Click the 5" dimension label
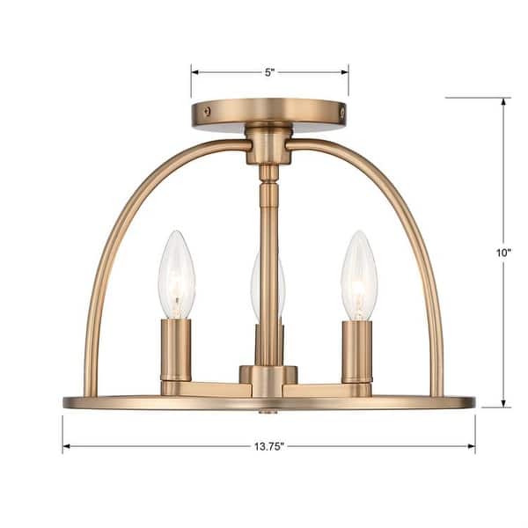[269, 72]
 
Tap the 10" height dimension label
[503, 253]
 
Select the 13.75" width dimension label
[269, 446]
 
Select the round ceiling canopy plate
[269, 114]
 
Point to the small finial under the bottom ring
[268, 411]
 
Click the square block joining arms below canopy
[268, 146]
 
